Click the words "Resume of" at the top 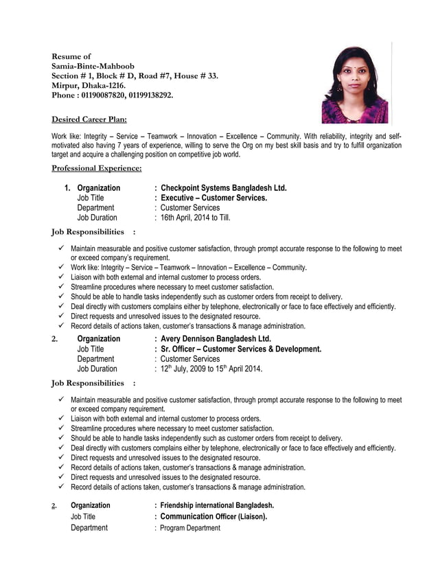point(71,56)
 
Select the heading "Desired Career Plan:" point(89,119)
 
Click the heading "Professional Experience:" point(97,168)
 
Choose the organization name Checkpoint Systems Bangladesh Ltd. point(223,188)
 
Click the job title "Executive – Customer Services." point(214,198)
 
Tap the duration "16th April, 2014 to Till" point(194,218)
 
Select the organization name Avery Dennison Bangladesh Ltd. point(216,339)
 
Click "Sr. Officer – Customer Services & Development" point(240,349)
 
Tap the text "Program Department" point(190,528)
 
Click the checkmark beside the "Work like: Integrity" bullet point(61,268)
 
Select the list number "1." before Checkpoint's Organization point(67,188)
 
